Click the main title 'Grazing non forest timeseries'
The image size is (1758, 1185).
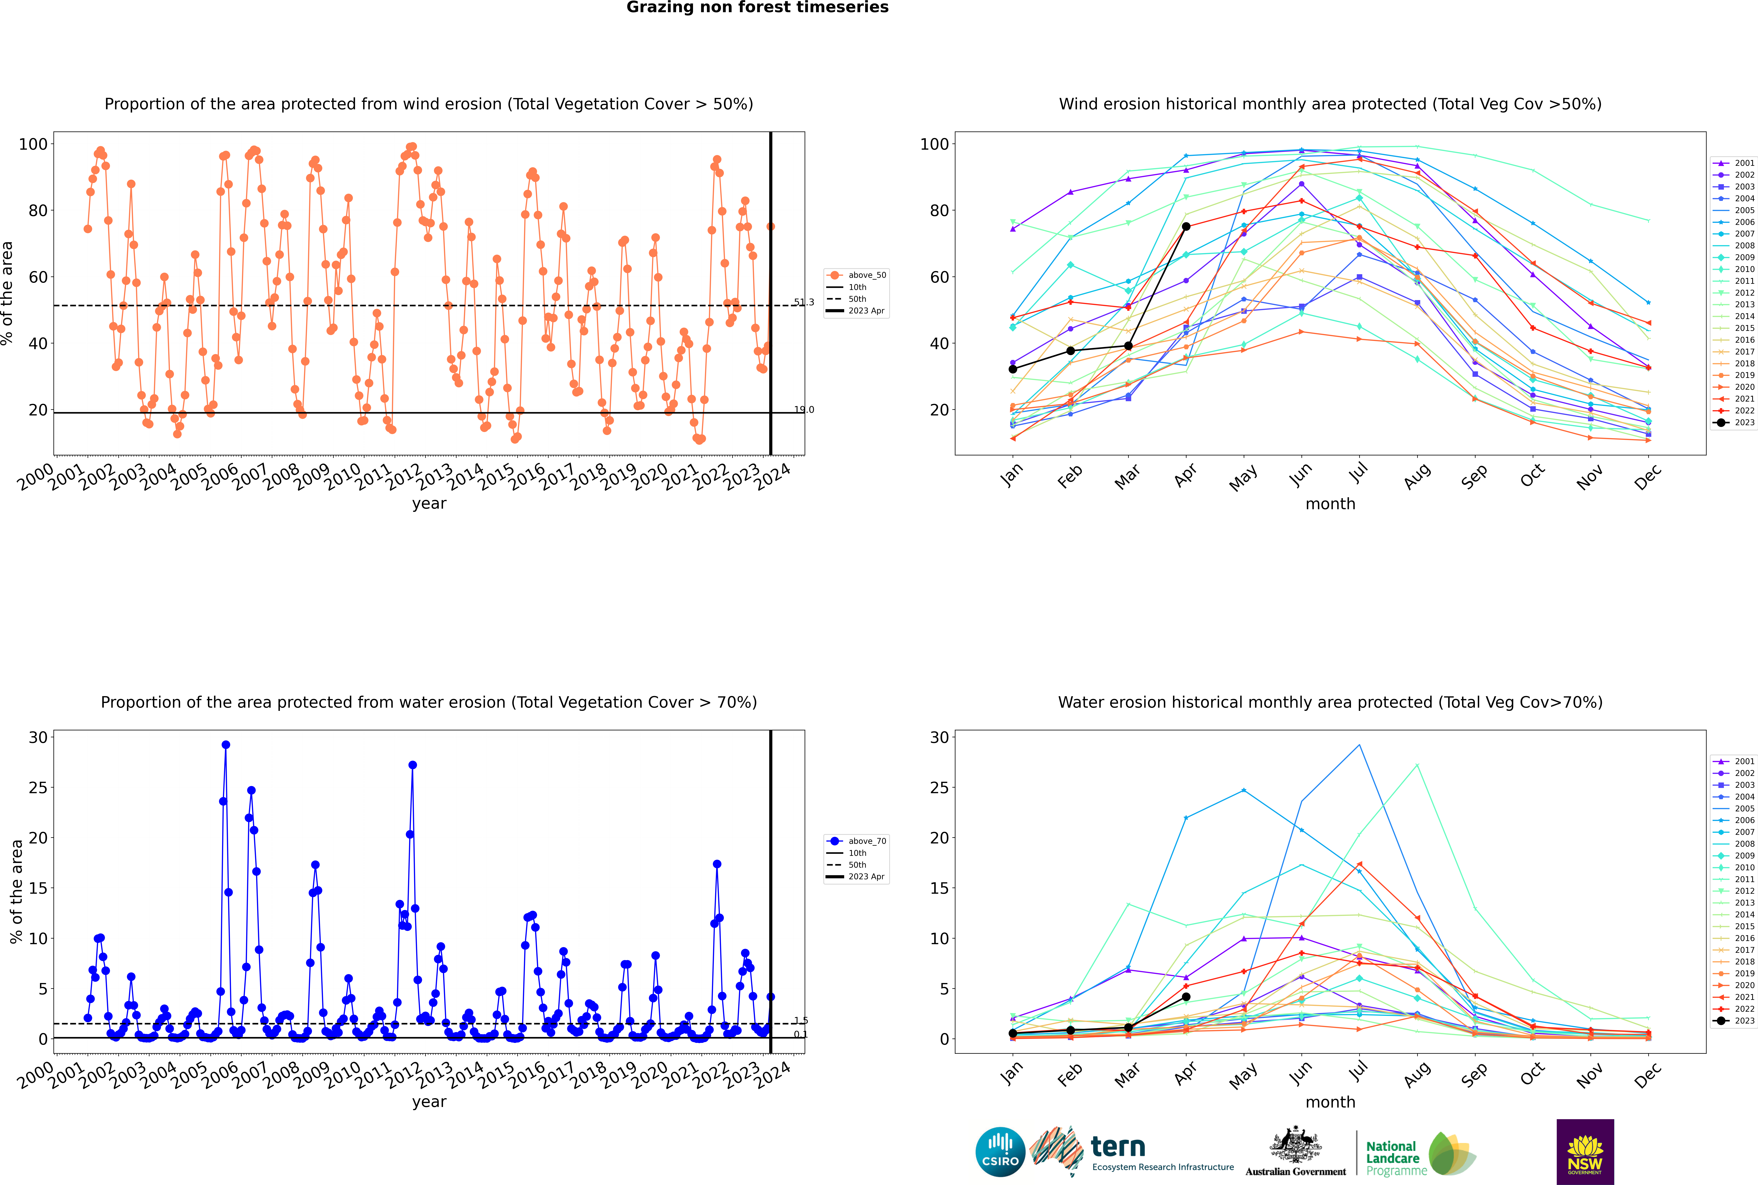tap(757, 8)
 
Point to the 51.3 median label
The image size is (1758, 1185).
tap(804, 302)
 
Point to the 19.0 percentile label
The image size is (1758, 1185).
tap(804, 410)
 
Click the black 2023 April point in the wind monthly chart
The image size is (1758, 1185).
tap(1186, 227)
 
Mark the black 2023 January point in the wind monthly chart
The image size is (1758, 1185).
tap(1013, 369)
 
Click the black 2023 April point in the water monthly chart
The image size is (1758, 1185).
tap(1186, 997)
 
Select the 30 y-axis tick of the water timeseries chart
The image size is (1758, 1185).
tap(38, 738)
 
